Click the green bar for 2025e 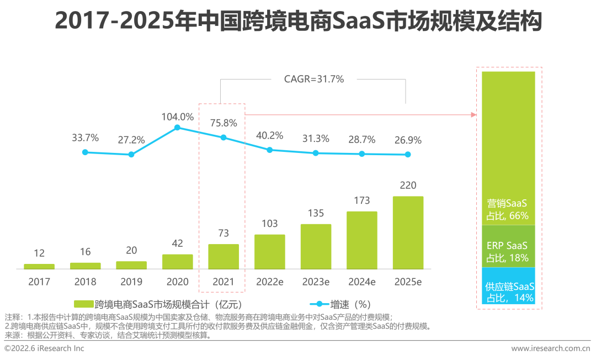point(408,232)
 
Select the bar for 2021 point(223,256)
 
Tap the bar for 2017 point(39,266)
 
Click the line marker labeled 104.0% point(177,128)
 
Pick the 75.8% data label point(223,123)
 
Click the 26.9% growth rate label point(408,140)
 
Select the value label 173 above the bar point(362,200)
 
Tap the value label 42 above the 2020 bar point(178,243)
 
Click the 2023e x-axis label point(316,282)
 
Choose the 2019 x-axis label point(131,282)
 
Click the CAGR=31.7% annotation point(313,79)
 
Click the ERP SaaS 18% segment point(508,246)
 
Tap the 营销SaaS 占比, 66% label point(508,209)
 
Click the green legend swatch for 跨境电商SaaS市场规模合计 point(83,304)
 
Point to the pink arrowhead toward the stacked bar point(473,114)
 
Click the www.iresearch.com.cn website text point(550,348)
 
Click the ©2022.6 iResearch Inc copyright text point(45,348)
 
